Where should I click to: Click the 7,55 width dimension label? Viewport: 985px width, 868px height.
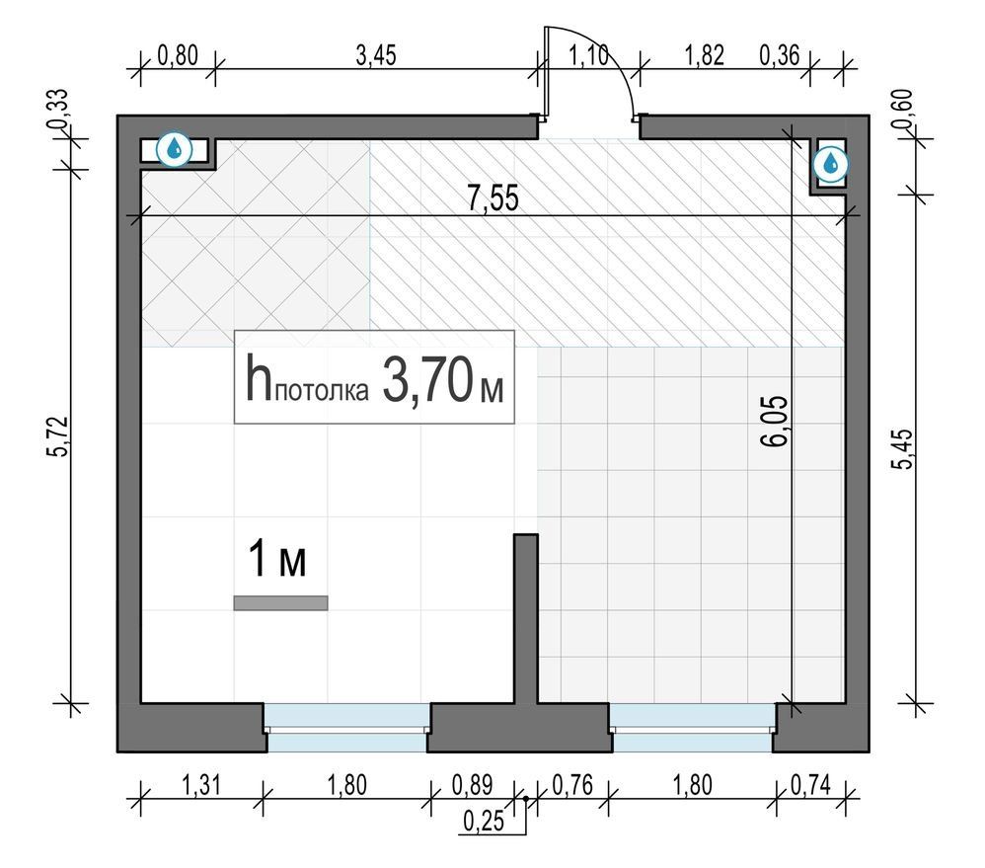click(493, 198)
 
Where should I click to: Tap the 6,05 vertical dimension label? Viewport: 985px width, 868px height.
click(774, 421)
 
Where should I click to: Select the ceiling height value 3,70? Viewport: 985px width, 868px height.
click(427, 379)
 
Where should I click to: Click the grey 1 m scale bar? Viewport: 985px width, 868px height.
click(281, 602)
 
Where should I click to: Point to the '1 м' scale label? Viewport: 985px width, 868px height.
click(277, 558)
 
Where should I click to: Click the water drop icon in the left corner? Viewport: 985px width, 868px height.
click(174, 149)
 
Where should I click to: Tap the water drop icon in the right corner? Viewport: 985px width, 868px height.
click(830, 163)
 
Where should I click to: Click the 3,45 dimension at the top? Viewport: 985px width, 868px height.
click(376, 55)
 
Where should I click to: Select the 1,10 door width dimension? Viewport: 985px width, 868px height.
click(589, 55)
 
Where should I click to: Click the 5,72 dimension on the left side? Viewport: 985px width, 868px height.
click(61, 435)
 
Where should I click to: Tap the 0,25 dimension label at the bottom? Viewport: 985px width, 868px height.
click(484, 822)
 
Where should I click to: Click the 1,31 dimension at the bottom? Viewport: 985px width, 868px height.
click(201, 785)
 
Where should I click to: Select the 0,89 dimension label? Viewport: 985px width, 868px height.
click(472, 785)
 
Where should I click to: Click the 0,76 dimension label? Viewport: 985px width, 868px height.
click(572, 785)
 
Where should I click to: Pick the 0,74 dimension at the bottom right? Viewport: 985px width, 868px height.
click(810, 785)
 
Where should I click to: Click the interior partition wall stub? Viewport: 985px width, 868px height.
click(526, 618)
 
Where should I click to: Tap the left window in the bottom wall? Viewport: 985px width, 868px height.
click(346, 728)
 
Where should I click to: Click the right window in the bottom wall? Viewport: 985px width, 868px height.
click(692, 728)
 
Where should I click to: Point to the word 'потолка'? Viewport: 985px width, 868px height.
click(322, 391)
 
